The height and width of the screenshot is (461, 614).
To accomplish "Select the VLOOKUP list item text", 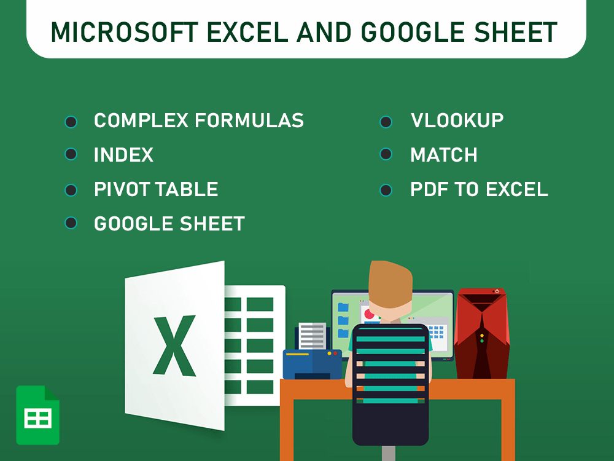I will click(x=457, y=120).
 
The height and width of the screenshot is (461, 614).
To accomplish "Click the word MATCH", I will click(x=443, y=155).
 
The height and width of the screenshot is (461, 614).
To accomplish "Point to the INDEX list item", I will click(x=123, y=155).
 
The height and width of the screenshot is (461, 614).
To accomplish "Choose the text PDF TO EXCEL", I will click(x=479, y=189).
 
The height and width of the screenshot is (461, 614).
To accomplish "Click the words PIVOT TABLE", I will click(x=156, y=189).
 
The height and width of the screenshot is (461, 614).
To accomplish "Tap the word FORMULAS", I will click(x=249, y=120).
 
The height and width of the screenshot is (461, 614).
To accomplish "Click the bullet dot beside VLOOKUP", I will click(x=386, y=121).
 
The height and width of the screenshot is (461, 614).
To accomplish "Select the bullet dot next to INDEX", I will click(x=71, y=154).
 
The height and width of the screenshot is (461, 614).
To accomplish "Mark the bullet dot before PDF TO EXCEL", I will click(x=386, y=190).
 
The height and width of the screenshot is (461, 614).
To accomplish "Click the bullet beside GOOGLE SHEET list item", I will click(x=71, y=223).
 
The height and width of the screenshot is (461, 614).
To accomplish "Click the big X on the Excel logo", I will click(x=174, y=345).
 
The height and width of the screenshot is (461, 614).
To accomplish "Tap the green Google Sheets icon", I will click(x=37, y=415).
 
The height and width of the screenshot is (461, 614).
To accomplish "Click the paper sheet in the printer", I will click(x=313, y=336).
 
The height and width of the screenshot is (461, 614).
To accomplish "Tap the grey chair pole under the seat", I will click(x=388, y=453).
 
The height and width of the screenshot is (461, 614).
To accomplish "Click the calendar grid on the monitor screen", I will click(x=437, y=333).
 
